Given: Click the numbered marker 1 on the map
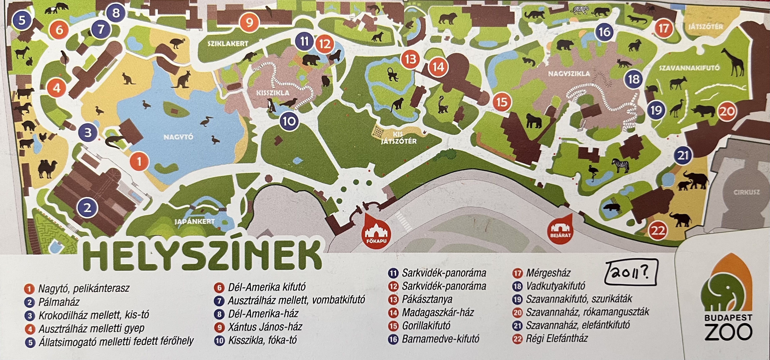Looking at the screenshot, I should click(x=139, y=162).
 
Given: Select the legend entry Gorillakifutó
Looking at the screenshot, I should click(x=426, y=326).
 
